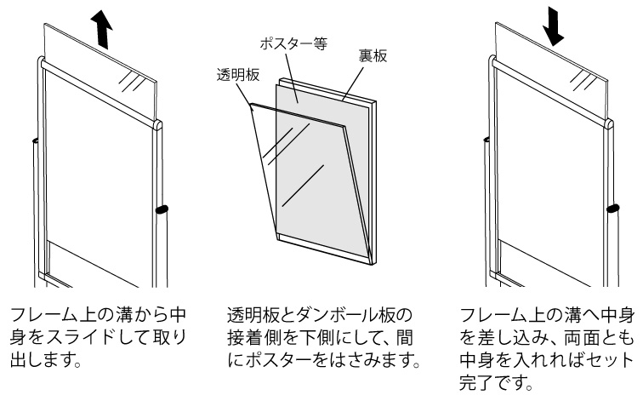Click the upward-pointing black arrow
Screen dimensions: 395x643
(x=103, y=31)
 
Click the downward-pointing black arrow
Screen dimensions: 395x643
(x=554, y=27)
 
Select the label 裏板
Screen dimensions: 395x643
(x=371, y=56)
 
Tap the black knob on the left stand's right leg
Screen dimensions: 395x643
(x=162, y=208)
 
